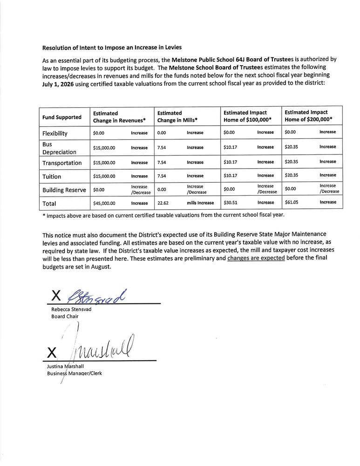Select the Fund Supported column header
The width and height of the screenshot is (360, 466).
pos(62,117)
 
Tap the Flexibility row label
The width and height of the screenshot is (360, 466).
pos(55,133)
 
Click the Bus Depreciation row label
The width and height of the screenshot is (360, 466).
pos(59,148)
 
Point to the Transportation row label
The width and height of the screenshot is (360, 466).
pos(62,163)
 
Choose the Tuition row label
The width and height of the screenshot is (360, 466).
pos(52,177)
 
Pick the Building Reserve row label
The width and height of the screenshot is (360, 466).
pos(64,190)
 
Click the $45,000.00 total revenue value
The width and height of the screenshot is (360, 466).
pos(104,203)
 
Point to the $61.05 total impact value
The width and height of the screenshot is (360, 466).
pos(292,202)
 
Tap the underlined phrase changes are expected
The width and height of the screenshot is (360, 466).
pos(256,258)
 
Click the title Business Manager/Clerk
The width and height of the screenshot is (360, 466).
pos(74,374)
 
